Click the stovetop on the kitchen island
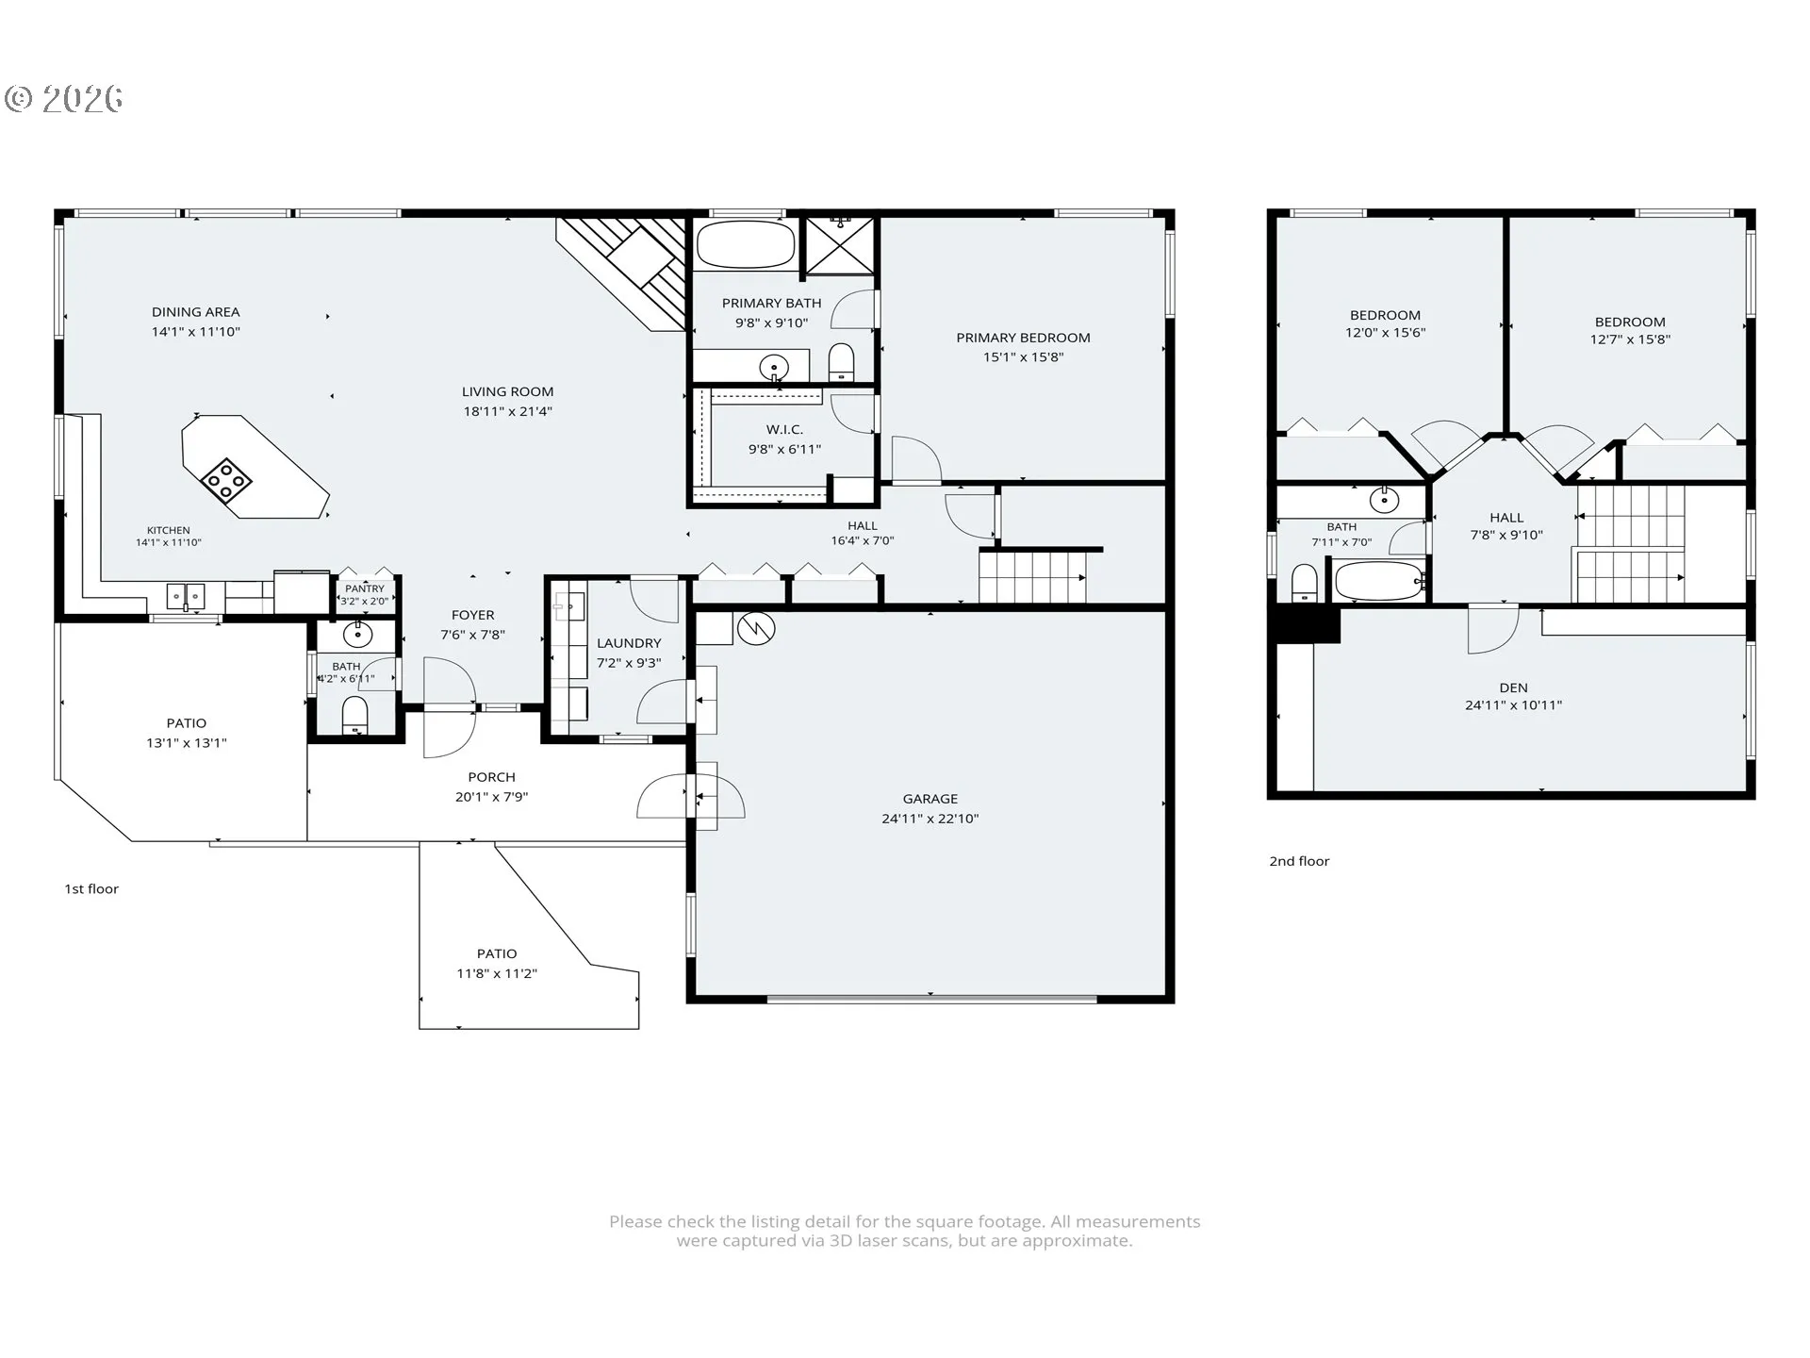[x=226, y=479]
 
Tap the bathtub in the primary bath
[x=745, y=243]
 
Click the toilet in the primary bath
[x=841, y=363]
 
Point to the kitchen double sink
[x=186, y=597]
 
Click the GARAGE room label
[x=930, y=799]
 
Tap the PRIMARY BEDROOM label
[x=1023, y=338]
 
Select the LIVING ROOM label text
[x=507, y=391]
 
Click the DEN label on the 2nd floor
[x=1513, y=687]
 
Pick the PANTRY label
[x=365, y=588]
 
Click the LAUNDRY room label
[x=629, y=643]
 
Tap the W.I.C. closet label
[x=784, y=429]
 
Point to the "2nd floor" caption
[x=1299, y=861]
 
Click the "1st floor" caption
[x=91, y=888]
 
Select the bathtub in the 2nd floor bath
[x=1379, y=581]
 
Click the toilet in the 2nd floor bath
[x=1304, y=583]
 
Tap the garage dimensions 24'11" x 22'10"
[x=930, y=819]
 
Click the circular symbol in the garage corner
[x=756, y=628]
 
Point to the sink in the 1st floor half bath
[x=358, y=635]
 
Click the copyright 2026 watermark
[x=63, y=99]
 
